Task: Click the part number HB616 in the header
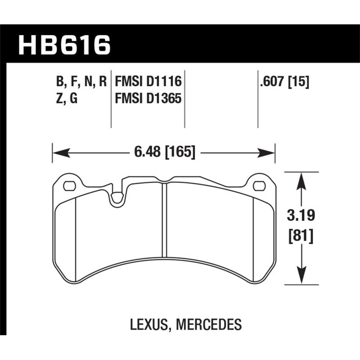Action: (64, 45)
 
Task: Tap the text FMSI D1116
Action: (148, 81)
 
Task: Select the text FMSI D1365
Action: (148, 98)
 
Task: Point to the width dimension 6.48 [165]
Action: (164, 153)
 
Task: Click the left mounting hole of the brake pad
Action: (69, 185)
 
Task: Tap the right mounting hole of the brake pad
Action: (259, 185)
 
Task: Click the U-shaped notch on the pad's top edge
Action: (118, 198)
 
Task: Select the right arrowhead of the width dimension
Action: (268, 153)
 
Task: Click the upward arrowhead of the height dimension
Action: (302, 180)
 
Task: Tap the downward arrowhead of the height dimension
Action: (302, 277)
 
